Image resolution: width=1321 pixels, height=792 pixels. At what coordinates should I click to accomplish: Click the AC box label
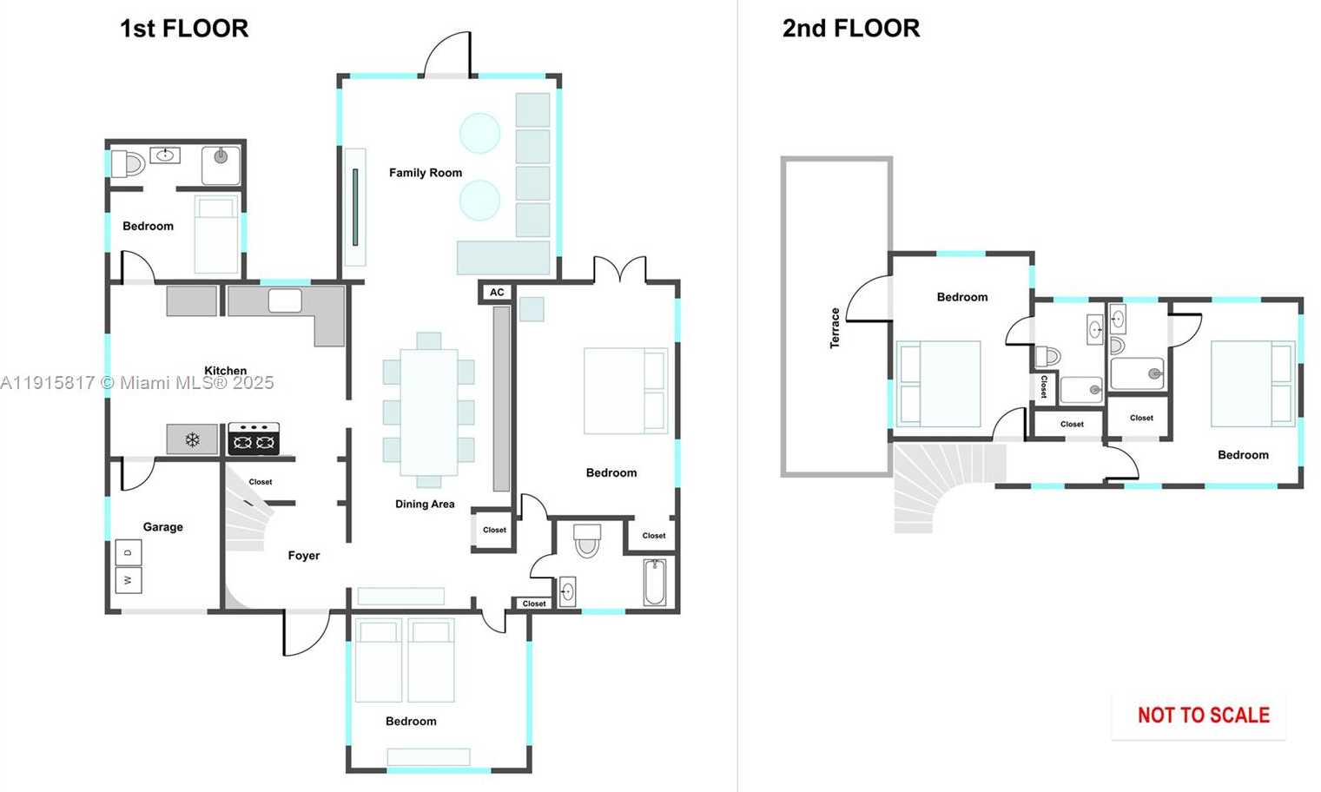[497, 293]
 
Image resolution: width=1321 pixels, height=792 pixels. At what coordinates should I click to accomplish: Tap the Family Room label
[426, 173]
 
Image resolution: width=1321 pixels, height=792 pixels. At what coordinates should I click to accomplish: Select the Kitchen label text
[225, 371]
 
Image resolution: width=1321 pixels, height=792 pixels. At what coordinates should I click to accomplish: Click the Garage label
[163, 527]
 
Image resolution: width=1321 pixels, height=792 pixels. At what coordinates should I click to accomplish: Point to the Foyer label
[304, 556]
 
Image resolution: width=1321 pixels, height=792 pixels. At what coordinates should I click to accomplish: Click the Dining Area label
[425, 505]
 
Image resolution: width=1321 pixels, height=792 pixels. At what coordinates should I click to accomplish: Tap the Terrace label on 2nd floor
[835, 328]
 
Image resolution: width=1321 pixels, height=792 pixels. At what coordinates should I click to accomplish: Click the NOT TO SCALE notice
[1203, 716]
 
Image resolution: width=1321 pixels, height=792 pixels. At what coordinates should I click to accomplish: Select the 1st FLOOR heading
[184, 29]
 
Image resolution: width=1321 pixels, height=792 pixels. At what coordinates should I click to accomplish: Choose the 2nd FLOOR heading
[851, 29]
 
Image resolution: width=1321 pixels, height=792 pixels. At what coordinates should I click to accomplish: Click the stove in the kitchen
[254, 439]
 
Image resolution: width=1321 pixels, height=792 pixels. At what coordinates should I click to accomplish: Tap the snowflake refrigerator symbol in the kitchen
[192, 440]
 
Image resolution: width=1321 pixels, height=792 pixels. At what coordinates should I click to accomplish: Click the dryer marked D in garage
[129, 552]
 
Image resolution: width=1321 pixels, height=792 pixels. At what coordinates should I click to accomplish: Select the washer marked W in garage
[129, 580]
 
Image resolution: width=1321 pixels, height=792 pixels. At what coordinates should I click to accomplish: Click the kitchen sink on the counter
[285, 301]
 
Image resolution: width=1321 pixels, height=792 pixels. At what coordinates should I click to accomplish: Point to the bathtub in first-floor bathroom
[655, 583]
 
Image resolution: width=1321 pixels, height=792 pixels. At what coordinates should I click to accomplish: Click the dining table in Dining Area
[429, 412]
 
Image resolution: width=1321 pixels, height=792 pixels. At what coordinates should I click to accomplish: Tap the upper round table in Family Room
[479, 134]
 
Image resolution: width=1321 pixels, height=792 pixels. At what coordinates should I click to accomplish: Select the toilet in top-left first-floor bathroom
[129, 163]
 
